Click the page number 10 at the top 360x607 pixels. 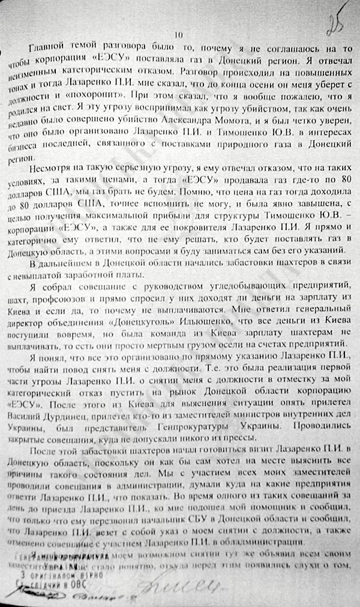(x=178, y=35)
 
